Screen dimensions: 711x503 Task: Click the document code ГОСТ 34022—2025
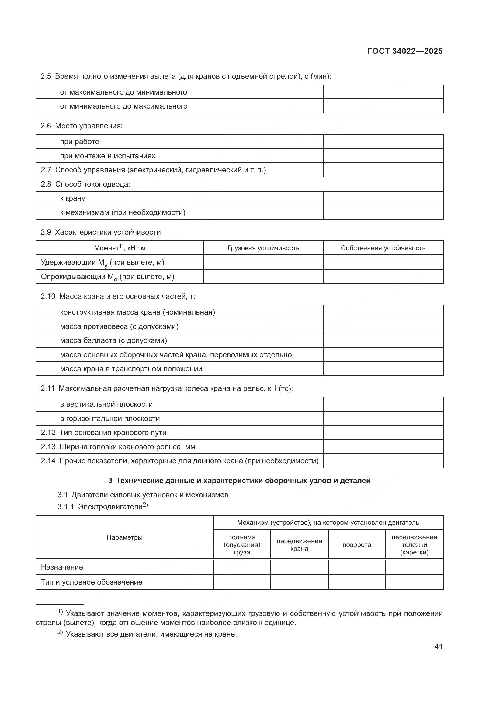click(x=405, y=51)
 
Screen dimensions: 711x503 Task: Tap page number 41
click(x=438, y=647)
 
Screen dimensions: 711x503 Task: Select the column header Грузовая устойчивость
click(x=263, y=248)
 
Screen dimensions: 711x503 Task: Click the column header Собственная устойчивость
click(x=383, y=248)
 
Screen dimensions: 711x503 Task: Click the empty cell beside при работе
click(x=383, y=142)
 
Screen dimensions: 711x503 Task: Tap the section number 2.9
click(x=46, y=232)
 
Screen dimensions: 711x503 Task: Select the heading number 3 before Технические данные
click(x=110, y=481)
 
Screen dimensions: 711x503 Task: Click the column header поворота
click(x=356, y=545)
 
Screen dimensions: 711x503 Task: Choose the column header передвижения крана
click(x=299, y=545)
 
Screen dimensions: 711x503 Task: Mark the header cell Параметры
click(x=124, y=537)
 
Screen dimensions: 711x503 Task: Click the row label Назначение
click(x=62, y=567)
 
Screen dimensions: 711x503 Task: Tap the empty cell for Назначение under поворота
click(x=356, y=567)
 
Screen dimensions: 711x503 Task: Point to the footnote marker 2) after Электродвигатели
click(x=145, y=505)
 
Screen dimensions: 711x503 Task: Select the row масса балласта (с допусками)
click(x=113, y=341)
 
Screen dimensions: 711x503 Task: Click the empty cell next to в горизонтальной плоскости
click(x=383, y=419)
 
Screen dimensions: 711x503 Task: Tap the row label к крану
click(x=72, y=198)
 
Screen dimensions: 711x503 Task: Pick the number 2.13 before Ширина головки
click(x=48, y=447)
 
